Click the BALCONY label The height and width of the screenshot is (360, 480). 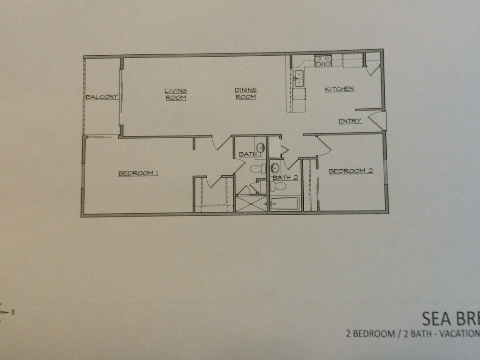tap(102, 97)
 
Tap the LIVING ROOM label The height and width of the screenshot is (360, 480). tap(176, 94)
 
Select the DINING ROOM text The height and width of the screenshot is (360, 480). tap(246, 94)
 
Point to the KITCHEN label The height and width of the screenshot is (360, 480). tap(339, 89)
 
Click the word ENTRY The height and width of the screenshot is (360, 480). tap(350, 121)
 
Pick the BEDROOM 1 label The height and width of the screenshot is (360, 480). tap(138, 173)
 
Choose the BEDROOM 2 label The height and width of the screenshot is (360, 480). tap(351, 171)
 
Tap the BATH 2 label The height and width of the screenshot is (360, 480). tap(285, 178)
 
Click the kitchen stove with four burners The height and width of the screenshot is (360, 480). tap(323, 61)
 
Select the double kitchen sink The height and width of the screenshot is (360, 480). tap(299, 78)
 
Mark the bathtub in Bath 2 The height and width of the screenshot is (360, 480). tap(285, 204)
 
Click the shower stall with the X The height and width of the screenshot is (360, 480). tap(251, 204)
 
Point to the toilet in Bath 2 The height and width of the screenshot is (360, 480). tap(278, 186)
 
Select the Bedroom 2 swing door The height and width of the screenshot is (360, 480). tap(323, 146)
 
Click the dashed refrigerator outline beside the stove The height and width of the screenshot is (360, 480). tap(352, 60)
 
